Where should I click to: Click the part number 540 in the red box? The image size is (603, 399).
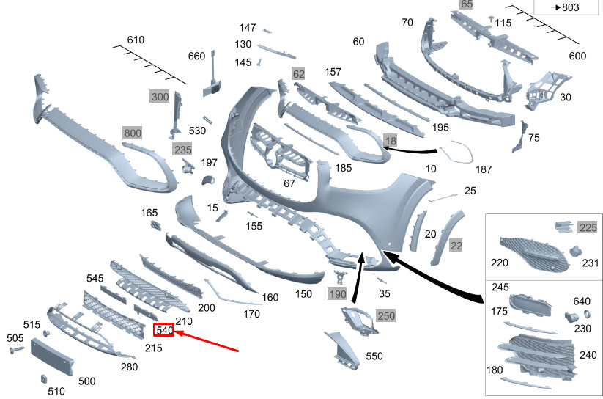164,331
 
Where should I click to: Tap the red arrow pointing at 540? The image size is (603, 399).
208,342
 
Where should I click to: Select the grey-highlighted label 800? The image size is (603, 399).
133,133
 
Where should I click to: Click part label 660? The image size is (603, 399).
196,56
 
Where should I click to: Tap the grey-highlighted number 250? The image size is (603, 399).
385,315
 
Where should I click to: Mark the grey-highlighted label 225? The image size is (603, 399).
588,227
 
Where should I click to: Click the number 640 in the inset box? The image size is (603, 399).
582,301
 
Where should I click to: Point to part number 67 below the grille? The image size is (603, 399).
289,183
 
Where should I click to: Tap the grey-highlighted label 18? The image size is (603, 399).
390,139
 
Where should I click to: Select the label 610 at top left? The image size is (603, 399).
136,40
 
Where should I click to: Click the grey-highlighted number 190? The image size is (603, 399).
337,294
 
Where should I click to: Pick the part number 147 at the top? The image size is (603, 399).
248,28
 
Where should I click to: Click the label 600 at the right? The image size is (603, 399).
577,56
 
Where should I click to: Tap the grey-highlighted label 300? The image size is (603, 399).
160,97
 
